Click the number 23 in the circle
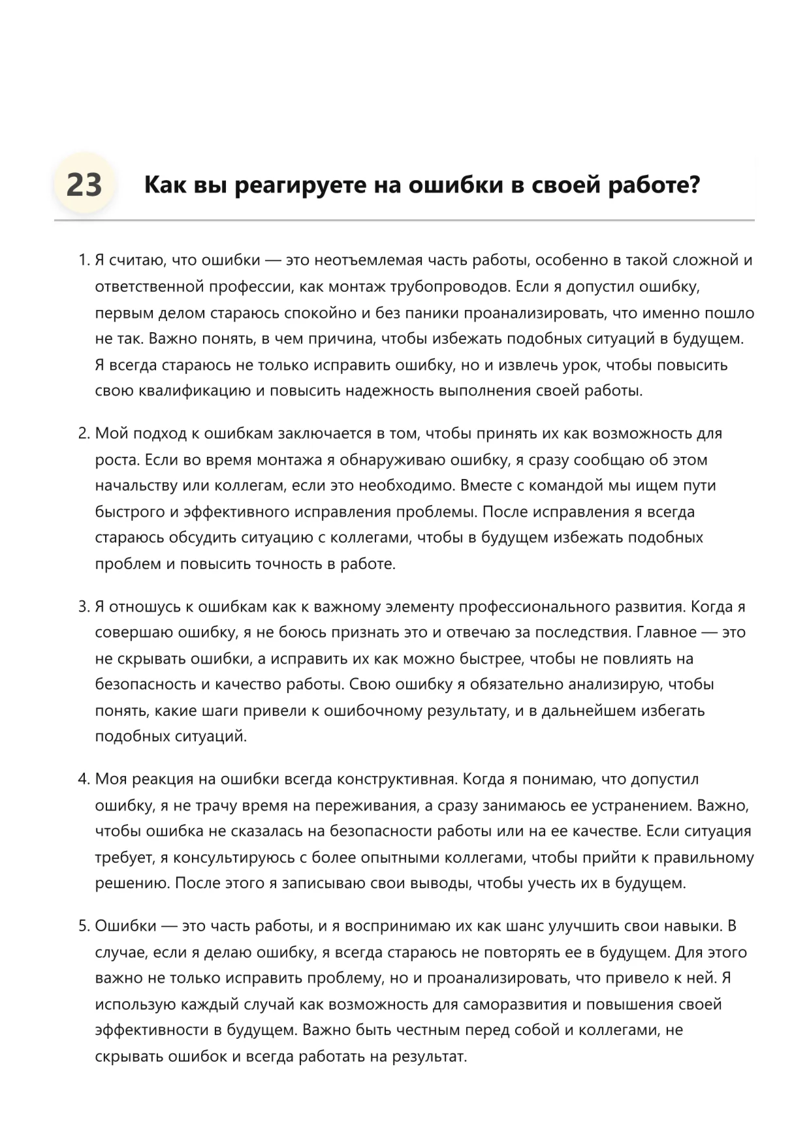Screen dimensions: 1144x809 (x=84, y=185)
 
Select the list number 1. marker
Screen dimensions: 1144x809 (x=84, y=260)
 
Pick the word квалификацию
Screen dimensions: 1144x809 (x=195, y=391)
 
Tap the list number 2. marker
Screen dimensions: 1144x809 (x=84, y=433)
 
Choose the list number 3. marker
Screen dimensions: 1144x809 (x=84, y=606)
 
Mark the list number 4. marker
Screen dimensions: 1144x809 (x=84, y=779)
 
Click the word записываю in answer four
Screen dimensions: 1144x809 (x=325, y=884)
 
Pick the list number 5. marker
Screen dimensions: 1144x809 (x=84, y=926)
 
